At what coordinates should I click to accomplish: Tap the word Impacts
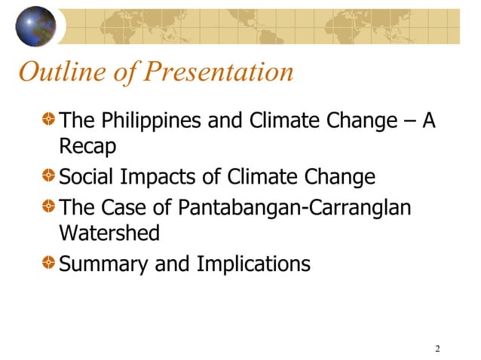tap(157, 178)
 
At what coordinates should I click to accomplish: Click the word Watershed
tap(109, 233)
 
